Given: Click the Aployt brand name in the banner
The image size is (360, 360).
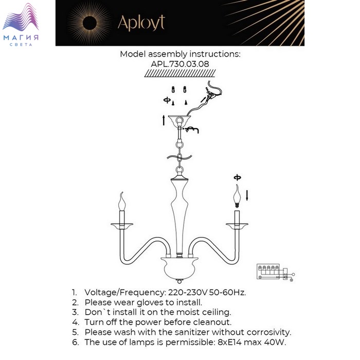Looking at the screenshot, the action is click(141, 23).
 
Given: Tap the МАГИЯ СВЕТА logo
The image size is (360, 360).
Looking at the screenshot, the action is click(21, 25).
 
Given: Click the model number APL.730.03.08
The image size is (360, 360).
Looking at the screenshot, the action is click(180, 64).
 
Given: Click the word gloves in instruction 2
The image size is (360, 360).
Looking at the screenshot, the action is click(151, 302).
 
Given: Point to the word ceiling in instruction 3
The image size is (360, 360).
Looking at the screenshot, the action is click(217, 312).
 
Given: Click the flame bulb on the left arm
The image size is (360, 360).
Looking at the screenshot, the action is click(122, 201).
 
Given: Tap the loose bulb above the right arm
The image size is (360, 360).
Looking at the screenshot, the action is click(237, 196).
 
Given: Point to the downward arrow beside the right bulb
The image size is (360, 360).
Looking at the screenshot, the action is click(247, 195).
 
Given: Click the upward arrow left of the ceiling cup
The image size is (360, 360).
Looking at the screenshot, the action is click(164, 120).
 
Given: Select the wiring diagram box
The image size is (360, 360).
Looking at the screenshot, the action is click(276, 273).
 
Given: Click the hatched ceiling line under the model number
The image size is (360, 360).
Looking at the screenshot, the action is click(180, 73).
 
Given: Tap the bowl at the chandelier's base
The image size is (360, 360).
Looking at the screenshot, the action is click(179, 268).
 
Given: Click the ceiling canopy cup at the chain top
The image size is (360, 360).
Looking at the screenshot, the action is click(179, 119).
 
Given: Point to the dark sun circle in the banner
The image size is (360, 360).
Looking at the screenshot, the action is click(89, 23).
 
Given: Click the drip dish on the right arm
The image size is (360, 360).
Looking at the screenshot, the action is click(237, 226).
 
